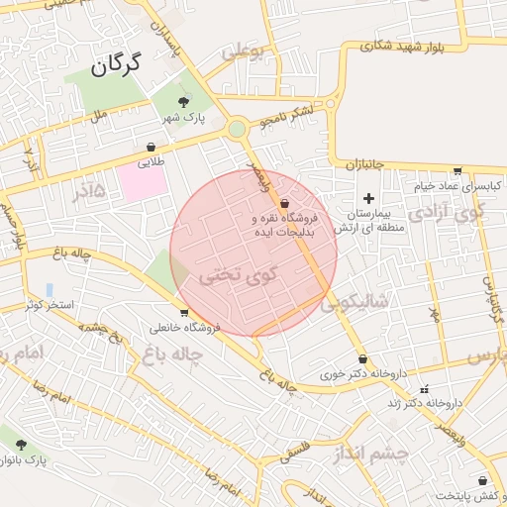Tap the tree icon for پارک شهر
(x=184, y=101)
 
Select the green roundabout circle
(x=237, y=129)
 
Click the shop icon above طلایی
(x=151, y=147)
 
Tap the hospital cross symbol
(x=369, y=198)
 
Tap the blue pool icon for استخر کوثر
(x=50, y=289)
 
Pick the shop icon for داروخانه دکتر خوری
(x=362, y=360)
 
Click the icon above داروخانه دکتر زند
(x=426, y=388)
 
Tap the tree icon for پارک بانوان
(x=21, y=445)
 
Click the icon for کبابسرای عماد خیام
(x=456, y=170)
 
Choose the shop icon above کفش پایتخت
(x=482, y=480)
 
